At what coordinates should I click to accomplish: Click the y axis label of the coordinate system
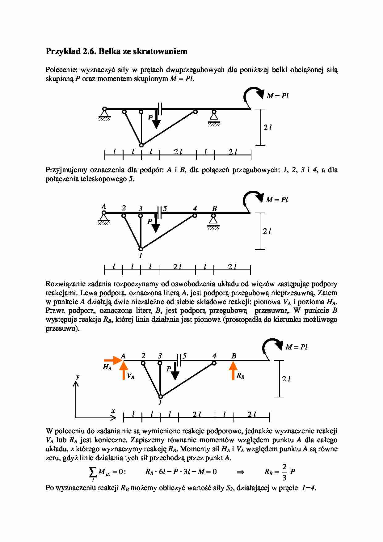click(78, 376)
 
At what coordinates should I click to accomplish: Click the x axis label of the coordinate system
click(113, 411)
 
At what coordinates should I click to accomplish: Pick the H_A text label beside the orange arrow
click(107, 367)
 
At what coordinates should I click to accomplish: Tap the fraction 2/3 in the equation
click(284, 472)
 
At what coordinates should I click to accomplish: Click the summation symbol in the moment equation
click(92, 472)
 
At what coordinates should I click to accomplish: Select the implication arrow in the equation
click(240, 472)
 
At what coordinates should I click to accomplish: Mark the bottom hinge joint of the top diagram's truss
click(141, 145)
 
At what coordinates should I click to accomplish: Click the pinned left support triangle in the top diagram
click(104, 114)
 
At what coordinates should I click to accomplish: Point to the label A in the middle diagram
click(104, 206)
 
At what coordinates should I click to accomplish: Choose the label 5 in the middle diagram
click(165, 209)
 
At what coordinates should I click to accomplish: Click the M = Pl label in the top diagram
click(277, 96)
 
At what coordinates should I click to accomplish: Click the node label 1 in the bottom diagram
click(160, 403)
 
